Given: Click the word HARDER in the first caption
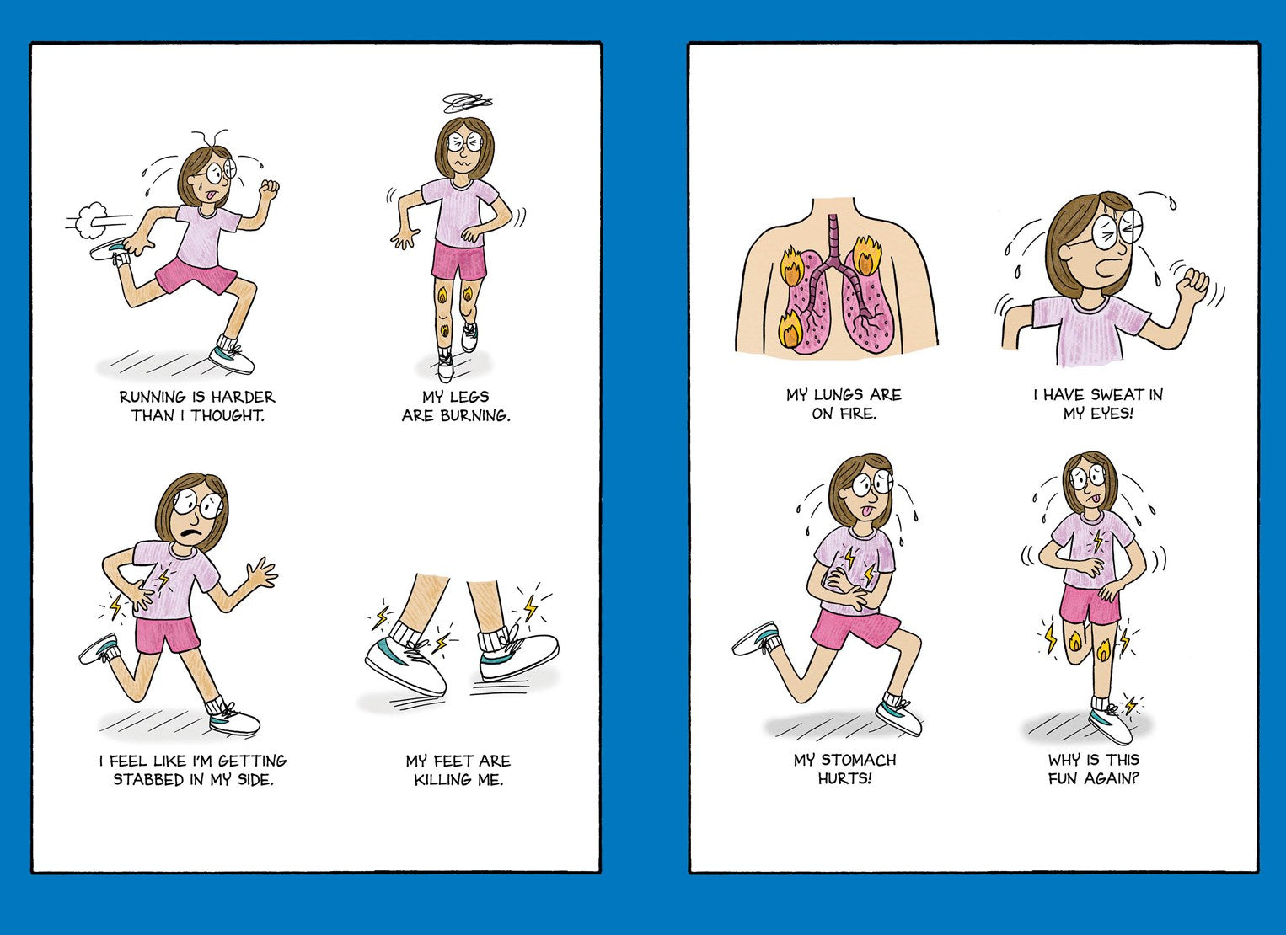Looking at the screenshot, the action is [x=243, y=398].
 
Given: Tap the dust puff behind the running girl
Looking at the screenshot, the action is [x=91, y=221].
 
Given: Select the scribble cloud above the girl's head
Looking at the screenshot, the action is [x=468, y=103].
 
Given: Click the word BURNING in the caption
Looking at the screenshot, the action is [x=475, y=415].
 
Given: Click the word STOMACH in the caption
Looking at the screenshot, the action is [x=859, y=760].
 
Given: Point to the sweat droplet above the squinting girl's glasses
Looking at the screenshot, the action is [x=1172, y=203].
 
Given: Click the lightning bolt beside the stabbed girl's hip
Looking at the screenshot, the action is [x=116, y=606].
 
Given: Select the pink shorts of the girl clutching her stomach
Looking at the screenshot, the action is [x=854, y=630].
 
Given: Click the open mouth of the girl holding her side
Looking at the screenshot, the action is [x=189, y=532].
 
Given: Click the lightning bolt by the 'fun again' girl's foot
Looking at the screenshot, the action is [x=1130, y=705].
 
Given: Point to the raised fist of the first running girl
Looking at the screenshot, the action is [x=268, y=188].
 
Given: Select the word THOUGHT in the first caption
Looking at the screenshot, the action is [x=228, y=415].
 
